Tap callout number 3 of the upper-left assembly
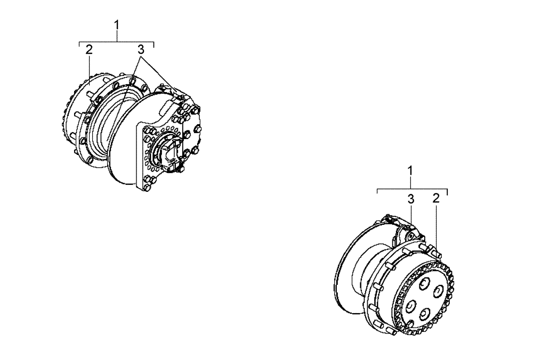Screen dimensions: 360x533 click(141, 50)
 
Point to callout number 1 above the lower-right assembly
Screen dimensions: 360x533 click(410, 171)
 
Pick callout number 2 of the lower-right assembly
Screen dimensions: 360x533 click(436, 199)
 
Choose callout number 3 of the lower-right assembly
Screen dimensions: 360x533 click(410, 199)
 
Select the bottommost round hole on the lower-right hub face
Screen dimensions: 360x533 click(423, 315)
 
